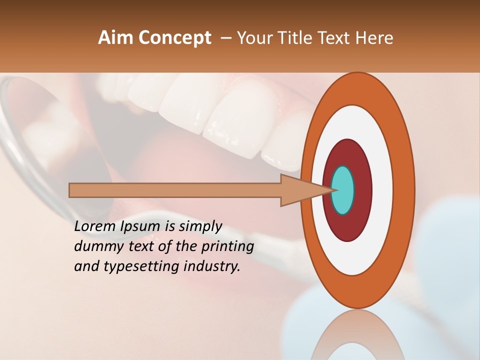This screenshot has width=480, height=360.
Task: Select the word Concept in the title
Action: (174, 38)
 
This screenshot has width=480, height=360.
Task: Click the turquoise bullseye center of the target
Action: (343, 190)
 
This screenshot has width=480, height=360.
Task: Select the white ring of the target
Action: (382, 190)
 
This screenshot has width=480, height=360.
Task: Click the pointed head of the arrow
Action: (300, 190)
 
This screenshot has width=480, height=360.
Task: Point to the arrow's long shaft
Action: (175, 190)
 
